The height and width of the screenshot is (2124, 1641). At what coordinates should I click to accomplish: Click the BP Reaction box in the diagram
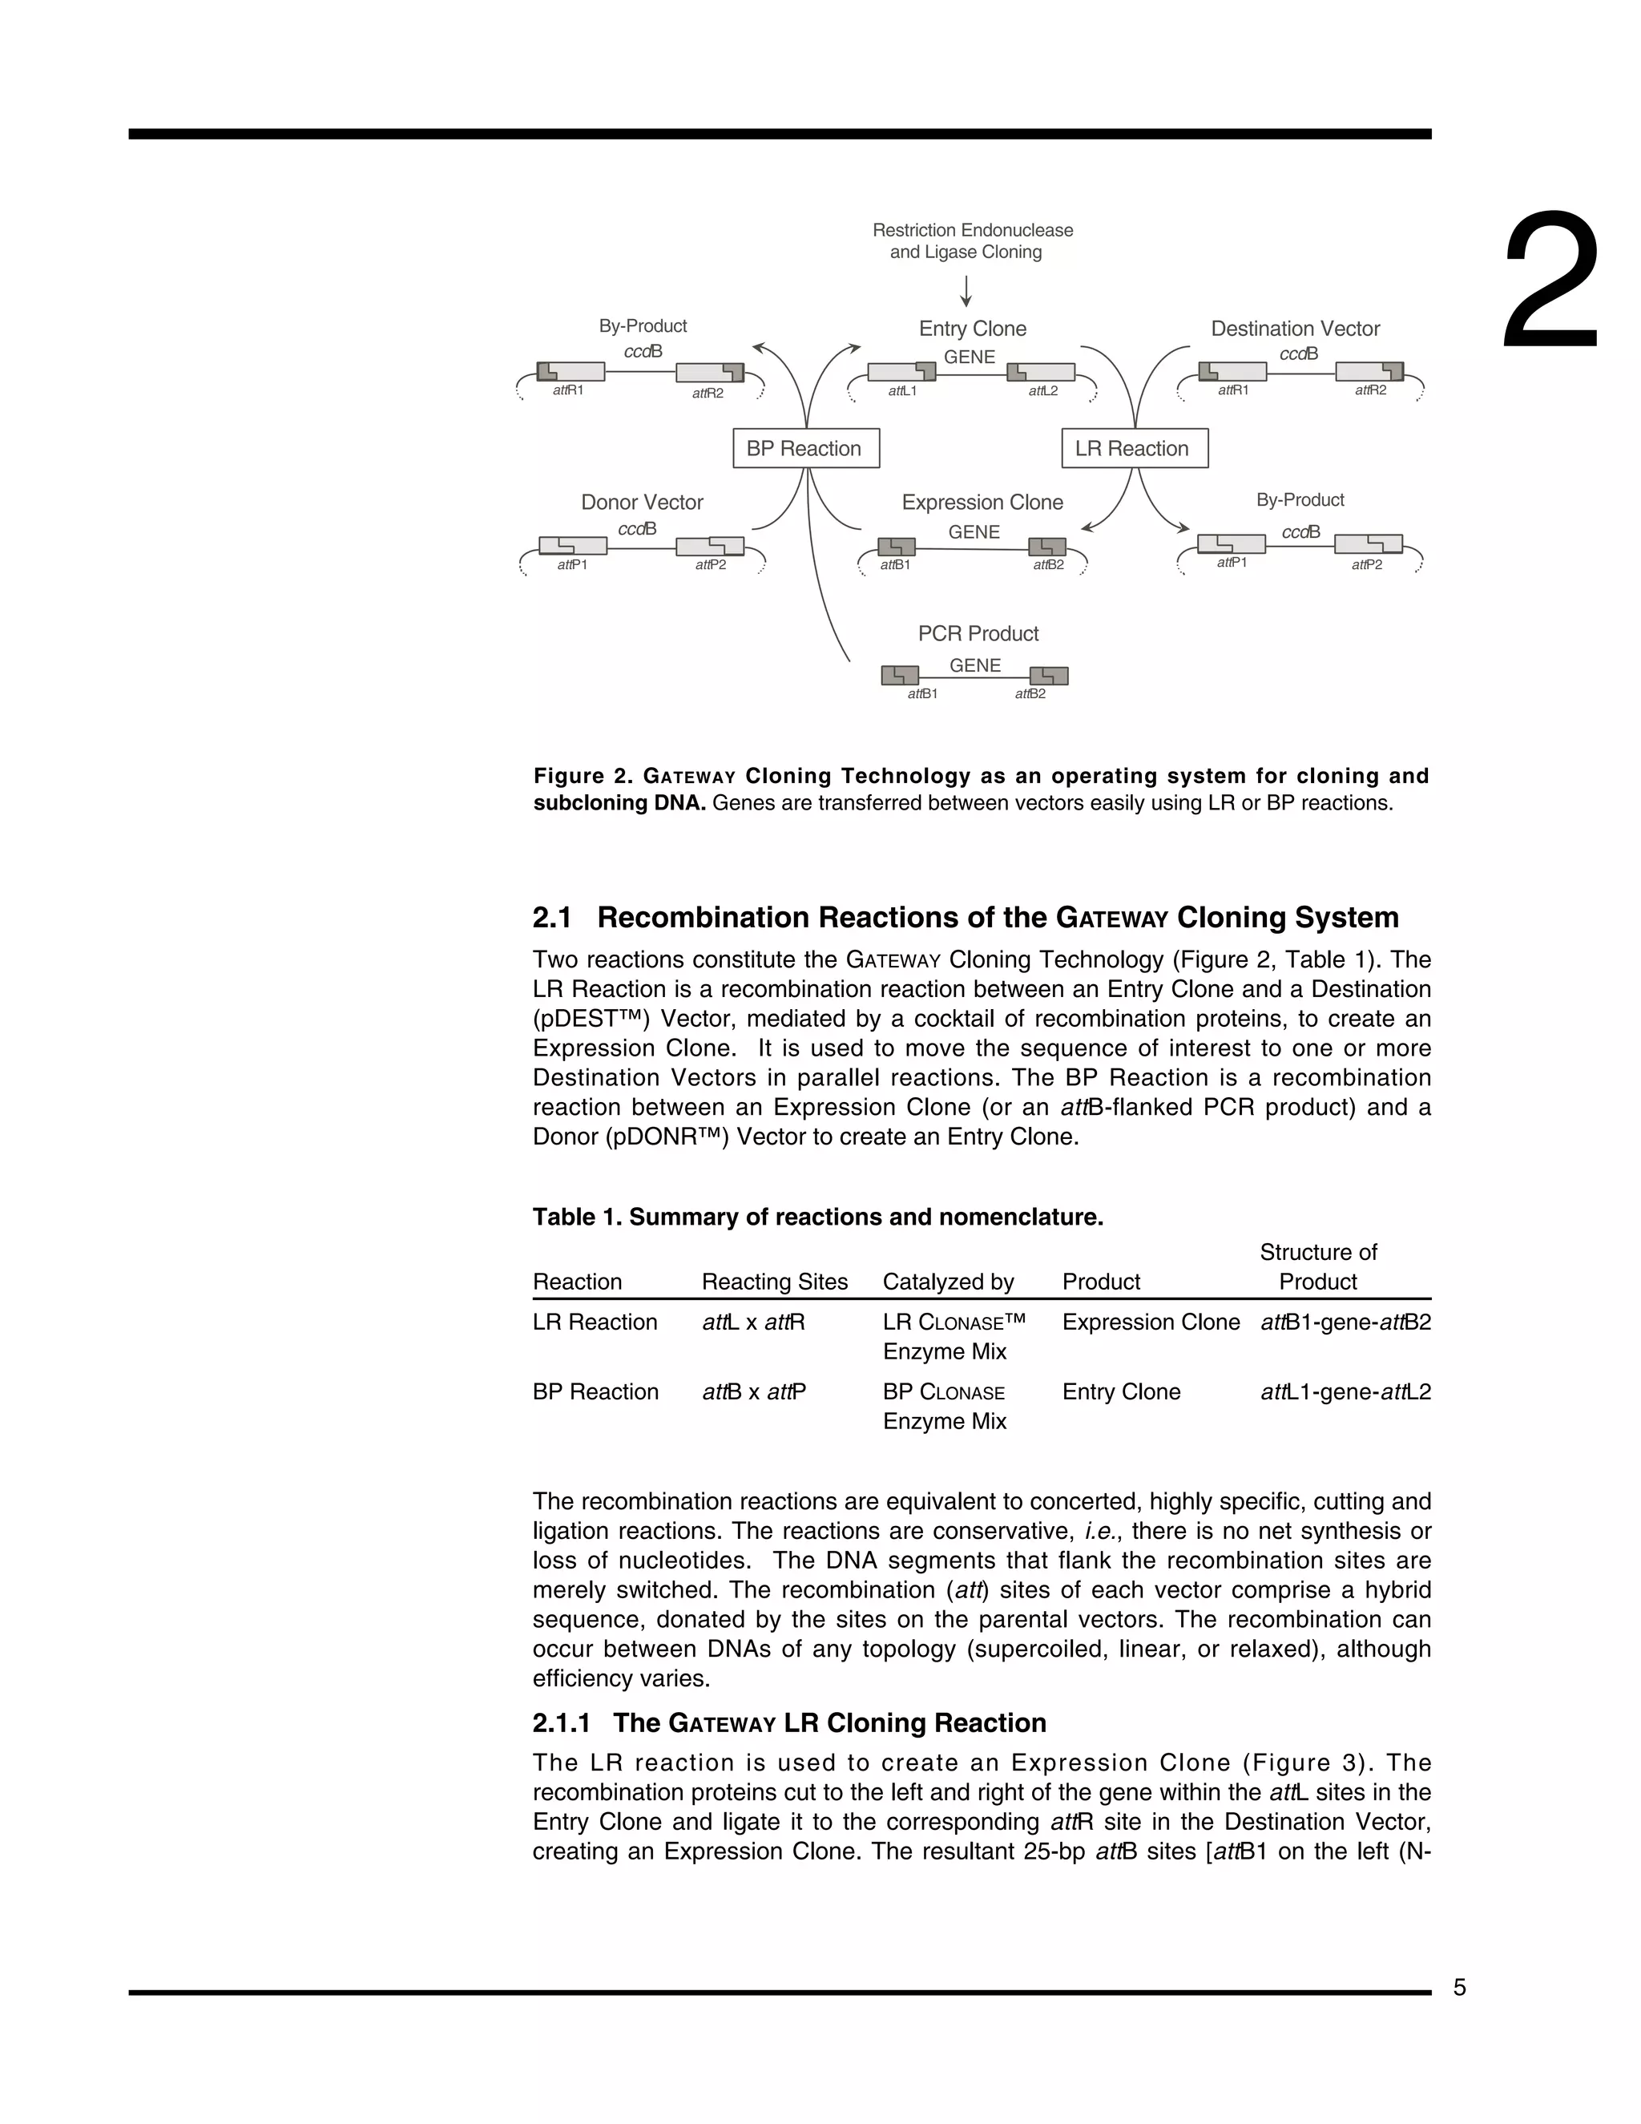click(805, 448)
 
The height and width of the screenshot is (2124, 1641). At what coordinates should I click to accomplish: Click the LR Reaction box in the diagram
click(1134, 448)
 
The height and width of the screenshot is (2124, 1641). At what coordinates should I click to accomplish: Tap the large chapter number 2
click(1550, 282)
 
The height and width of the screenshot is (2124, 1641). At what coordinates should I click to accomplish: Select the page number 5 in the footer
click(1459, 1988)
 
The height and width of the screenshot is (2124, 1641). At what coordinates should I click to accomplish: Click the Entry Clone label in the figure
click(972, 329)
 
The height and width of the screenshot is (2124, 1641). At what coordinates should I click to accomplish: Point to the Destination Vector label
click(1295, 329)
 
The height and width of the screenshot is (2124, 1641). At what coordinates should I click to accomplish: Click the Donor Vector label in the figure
click(642, 502)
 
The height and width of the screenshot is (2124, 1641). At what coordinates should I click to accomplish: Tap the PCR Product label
click(978, 633)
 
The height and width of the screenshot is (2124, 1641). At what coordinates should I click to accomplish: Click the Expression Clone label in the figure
click(982, 502)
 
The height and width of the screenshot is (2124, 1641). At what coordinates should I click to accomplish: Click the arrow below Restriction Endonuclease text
click(966, 291)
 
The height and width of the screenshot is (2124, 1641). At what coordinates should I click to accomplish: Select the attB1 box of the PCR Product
click(899, 675)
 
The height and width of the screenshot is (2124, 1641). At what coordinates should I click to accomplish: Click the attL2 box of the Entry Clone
click(1040, 373)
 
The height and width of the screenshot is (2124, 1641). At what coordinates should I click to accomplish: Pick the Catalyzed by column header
click(948, 1282)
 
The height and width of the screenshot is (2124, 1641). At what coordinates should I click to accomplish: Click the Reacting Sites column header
click(774, 1282)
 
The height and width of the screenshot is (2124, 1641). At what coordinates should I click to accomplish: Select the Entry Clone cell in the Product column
click(1121, 1391)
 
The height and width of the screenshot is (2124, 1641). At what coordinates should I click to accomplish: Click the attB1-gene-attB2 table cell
click(1345, 1322)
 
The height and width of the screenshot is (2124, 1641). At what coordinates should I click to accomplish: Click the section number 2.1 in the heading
click(552, 917)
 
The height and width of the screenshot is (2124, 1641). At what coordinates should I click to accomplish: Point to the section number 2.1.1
click(561, 1722)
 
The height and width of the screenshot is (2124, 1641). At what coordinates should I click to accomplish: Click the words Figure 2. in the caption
click(583, 776)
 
